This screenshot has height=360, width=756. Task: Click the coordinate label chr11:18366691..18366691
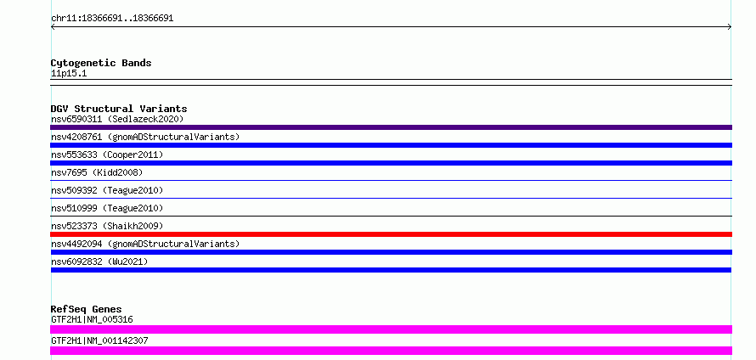(x=112, y=19)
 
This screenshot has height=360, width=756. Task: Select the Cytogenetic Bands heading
(x=101, y=63)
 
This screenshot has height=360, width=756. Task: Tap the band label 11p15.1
(x=69, y=74)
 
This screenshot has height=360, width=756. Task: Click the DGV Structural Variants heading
(x=119, y=109)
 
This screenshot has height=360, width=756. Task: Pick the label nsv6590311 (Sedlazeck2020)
(x=117, y=119)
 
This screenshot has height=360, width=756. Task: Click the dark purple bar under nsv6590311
(x=391, y=127)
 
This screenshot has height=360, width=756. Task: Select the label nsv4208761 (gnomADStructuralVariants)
(x=145, y=137)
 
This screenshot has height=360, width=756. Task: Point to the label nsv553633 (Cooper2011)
(x=107, y=155)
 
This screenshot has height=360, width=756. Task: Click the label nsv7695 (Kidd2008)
(x=97, y=172)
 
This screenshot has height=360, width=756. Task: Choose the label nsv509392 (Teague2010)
(x=107, y=190)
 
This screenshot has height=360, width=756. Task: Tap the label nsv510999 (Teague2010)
(x=107, y=208)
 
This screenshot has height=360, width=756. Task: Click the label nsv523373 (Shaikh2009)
(x=107, y=226)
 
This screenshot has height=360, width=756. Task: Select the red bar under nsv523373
(x=391, y=234)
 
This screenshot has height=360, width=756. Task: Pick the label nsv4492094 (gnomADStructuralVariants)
(x=145, y=244)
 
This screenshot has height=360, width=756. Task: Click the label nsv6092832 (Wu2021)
(x=99, y=262)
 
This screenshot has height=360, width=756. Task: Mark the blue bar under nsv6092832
(x=391, y=270)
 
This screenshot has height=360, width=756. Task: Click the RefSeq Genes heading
(x=87, y=309)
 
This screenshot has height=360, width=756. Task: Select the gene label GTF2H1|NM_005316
(x=92, y=319)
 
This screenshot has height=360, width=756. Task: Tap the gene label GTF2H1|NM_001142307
(x=99, y=340)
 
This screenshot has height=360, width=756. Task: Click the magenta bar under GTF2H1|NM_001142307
(x=391, y=351)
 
